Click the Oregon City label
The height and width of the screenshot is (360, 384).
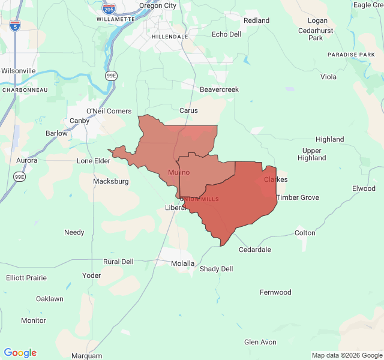point(158,5)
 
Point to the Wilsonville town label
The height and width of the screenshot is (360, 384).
point(19,71)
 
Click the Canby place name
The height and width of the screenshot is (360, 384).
point(80,121)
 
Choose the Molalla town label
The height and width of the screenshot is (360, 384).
point(182,263)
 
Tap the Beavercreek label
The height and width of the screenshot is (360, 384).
point(219,89)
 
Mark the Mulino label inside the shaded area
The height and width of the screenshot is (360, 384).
point(179,173)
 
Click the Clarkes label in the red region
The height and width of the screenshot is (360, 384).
point(276,179)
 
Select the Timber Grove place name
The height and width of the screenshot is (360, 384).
point(298,197)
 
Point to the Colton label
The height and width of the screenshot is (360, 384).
point(305,233)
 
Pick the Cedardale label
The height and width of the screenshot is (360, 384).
point(255,250)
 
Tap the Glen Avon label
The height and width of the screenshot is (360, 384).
point(260,342)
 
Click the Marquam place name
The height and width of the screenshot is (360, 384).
point(86,356)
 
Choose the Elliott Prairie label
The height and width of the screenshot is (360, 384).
point(26,278)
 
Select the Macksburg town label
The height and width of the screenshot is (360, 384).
point(111,181)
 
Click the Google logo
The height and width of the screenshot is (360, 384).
point(20,353)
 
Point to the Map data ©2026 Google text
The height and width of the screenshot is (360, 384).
point(347,355)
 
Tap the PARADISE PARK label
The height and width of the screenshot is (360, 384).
point(351,55)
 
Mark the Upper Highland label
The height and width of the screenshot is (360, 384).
point(312,154)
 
